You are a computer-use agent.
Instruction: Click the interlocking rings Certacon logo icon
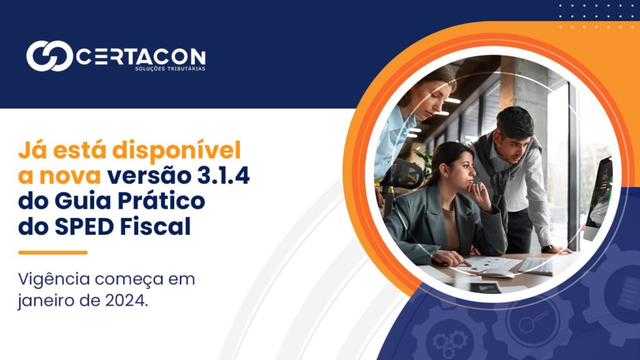[x=49, y=56]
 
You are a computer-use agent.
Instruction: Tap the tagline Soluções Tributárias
[x=170, y=69]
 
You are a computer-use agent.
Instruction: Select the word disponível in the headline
[x=177, y=151]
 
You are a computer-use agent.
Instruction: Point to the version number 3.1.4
[x=224, y=176]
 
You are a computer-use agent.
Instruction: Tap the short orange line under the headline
[x=53, y=252]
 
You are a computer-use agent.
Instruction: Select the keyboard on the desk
[x=536, y=266]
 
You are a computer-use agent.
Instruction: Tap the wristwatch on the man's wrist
[x=547, y=248]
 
